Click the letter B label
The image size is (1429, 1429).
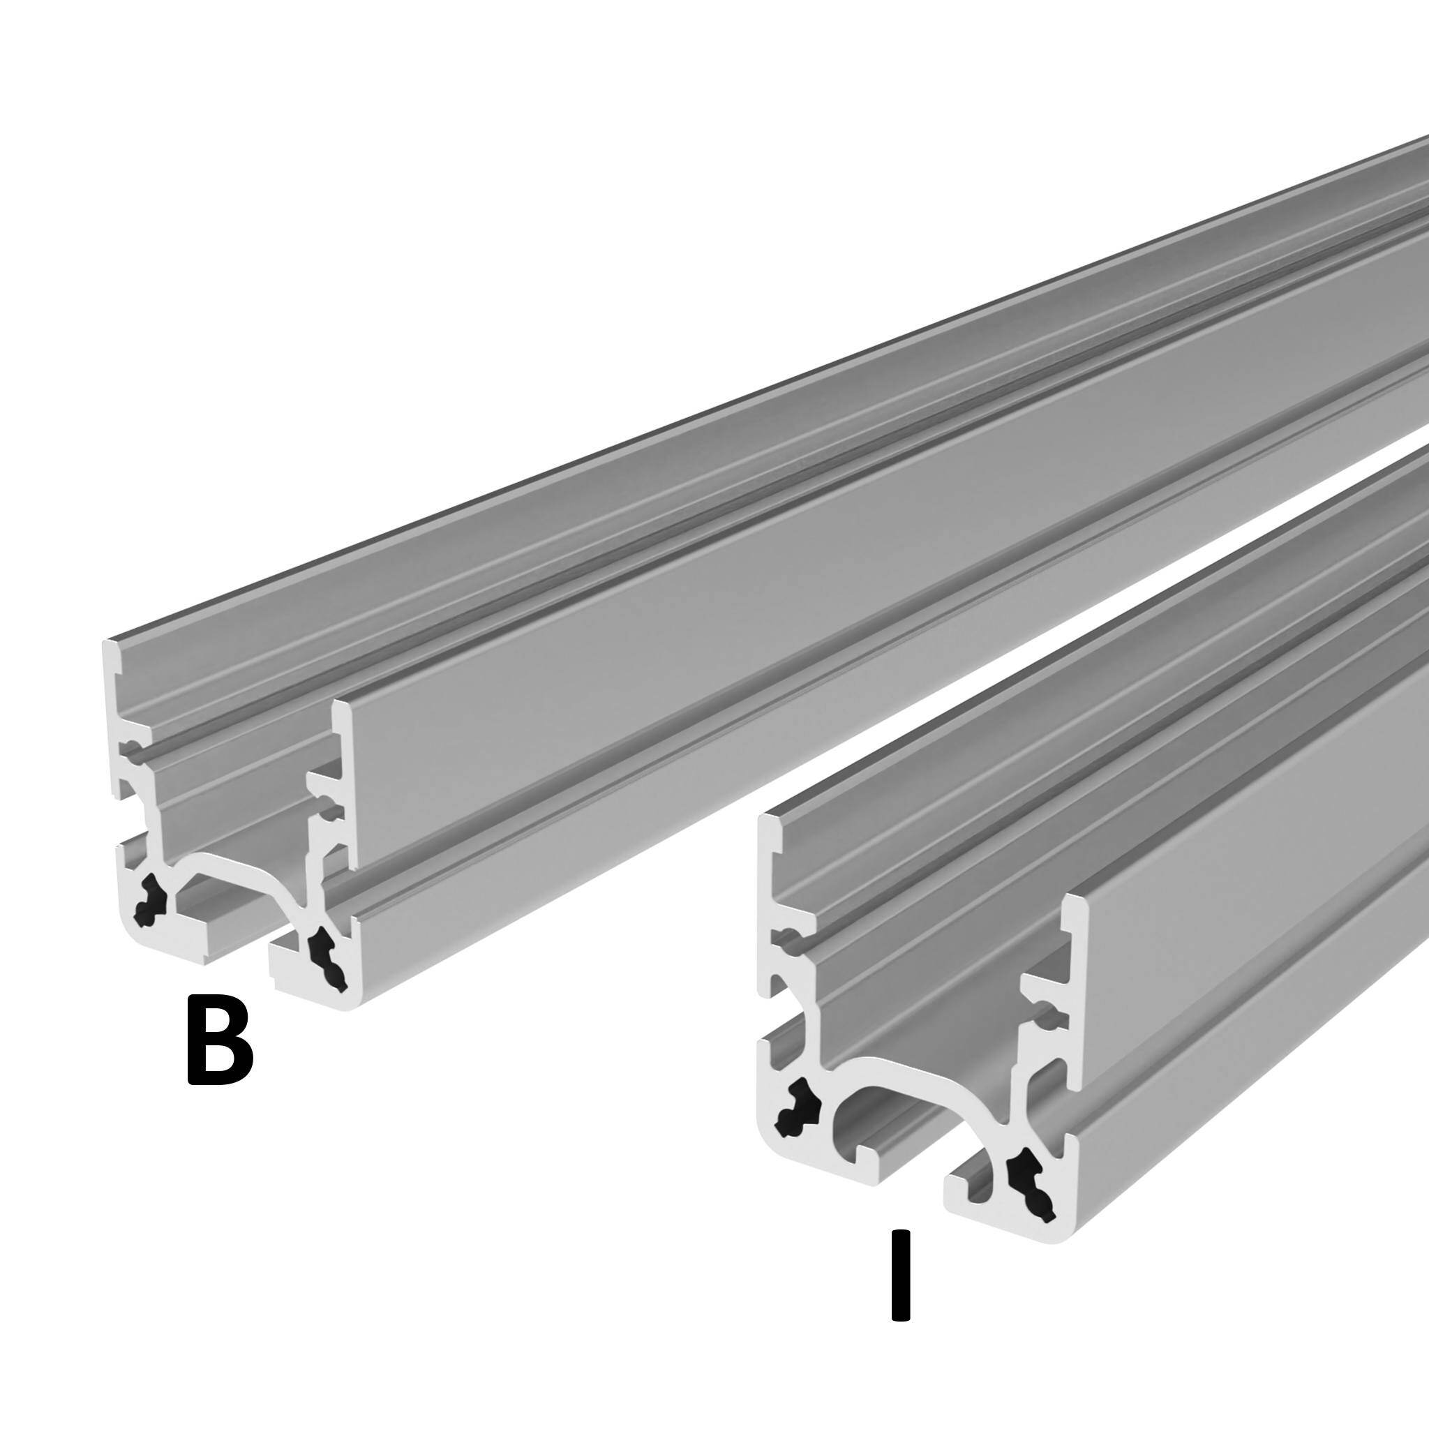pyautogui.click(x=219, y=1040)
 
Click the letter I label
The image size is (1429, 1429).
pyautogui.click(x=899, y=1274)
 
